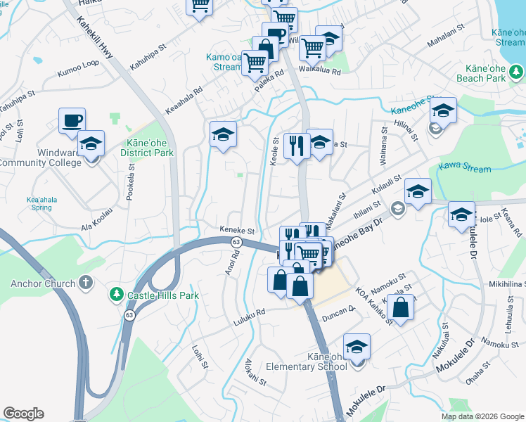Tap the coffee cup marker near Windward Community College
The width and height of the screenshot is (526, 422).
click(72, 121)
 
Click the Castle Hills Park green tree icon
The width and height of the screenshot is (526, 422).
click(117, 294)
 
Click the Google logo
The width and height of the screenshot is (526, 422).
click(23, 414)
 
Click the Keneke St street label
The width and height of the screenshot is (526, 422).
click(236, 230)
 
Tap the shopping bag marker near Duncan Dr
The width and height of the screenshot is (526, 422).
click(400, 308)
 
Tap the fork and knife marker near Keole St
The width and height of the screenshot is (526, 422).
click(297, 146)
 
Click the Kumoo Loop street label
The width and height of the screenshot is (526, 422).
click(79, 71)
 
